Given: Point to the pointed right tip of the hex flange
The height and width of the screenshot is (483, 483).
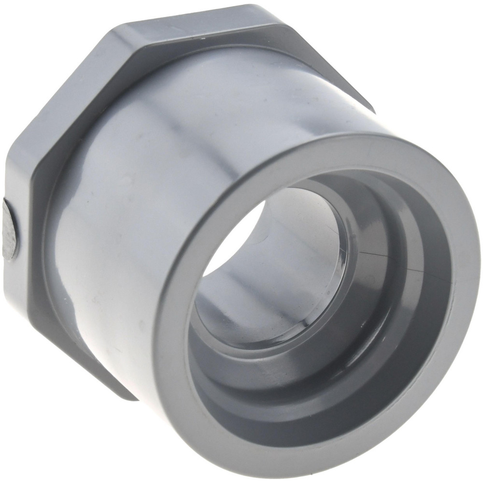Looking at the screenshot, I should click(374, 111).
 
